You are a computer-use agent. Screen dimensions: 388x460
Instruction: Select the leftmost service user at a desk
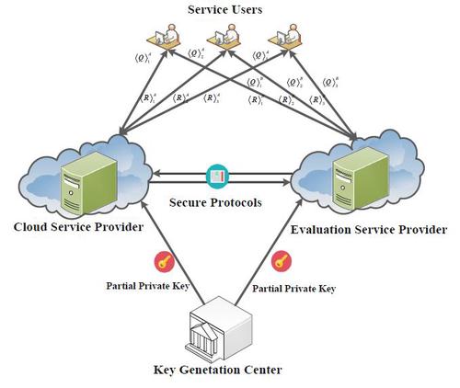pyautogui.click(x=165, y=38)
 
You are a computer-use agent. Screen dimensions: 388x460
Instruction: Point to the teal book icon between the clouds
pyautogui.click(x=217, y=176)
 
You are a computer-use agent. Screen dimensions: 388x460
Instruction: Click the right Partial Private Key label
pyautogui.click(x=293, y=288)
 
